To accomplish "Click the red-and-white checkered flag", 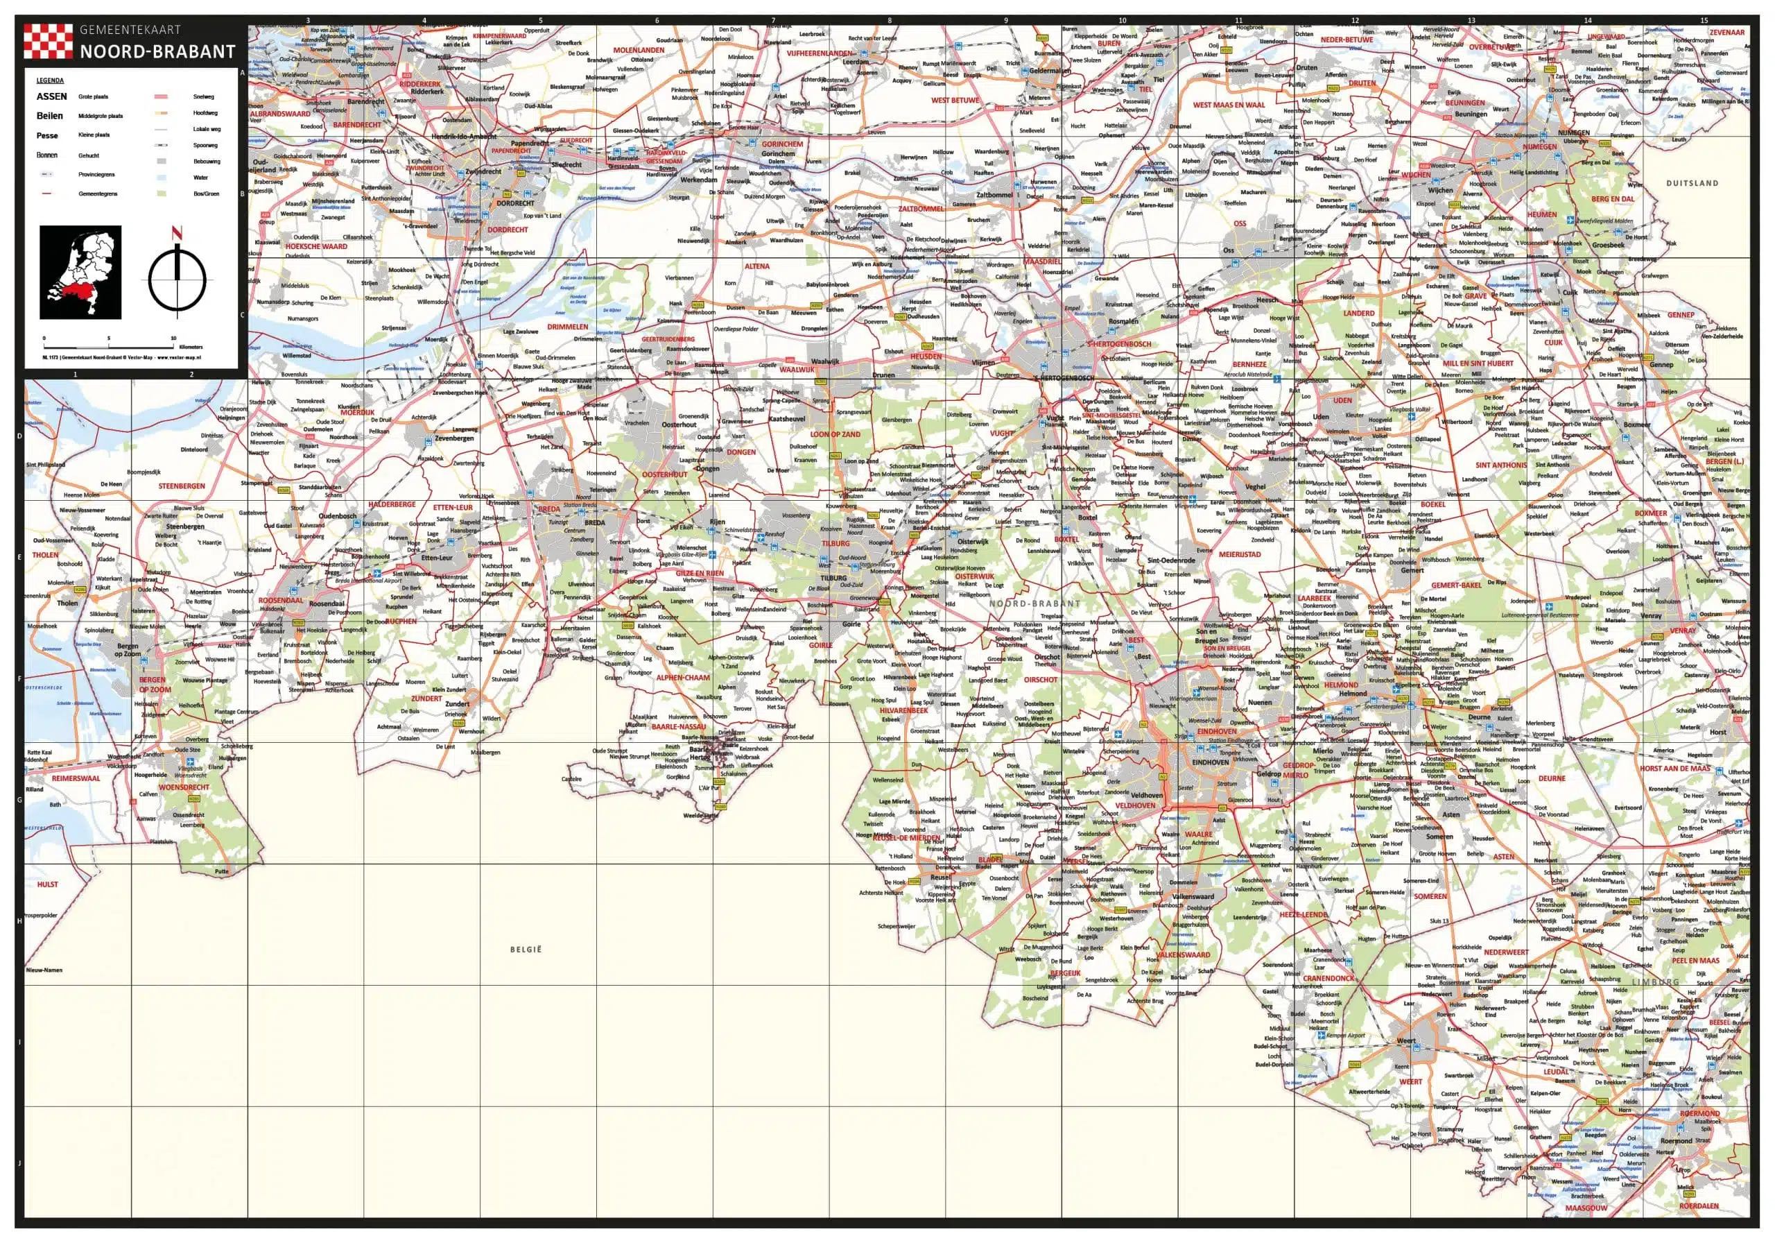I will click(49, 41).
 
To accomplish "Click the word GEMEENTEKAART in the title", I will click(130, 30).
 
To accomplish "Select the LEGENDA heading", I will click(50, 80).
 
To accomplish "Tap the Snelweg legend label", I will click(203, 96).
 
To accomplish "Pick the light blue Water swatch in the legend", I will click(161, 177).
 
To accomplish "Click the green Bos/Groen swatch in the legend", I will click(161, 194).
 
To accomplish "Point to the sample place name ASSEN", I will click(52, 96).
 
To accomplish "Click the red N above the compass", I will click(177, 232).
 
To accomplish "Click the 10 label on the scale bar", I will click(173, 338).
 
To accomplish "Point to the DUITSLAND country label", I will click(1692, 183).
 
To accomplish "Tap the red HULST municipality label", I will click(47, 884).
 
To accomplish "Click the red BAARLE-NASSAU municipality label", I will click(679, 727).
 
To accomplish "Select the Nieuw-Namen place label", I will click(44, 970).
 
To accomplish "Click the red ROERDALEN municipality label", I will click(1699, 1206).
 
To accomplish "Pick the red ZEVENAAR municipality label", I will click(1726, 33).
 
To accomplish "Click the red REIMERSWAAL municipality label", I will click(76, 778).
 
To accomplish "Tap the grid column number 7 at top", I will click(773, 20).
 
